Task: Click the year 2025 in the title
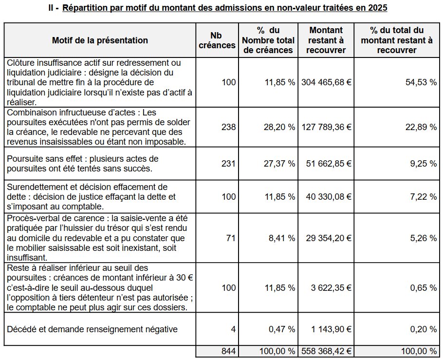click(378, 8)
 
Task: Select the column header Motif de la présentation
click(100, 40)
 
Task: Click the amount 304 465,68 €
click(326, 82)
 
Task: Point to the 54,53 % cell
click(421, 82)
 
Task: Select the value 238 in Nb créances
click(228, 127)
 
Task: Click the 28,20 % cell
click(279, 127)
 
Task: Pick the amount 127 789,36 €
click(326, 127)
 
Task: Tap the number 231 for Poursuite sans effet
click(228, 164)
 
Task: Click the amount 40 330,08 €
click(329, 196)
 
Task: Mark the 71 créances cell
click(231, 238)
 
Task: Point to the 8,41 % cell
click(282, 238)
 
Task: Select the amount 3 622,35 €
click(331, 287)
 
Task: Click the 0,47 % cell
click(282, 329)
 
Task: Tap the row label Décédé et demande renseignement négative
click(92, 329)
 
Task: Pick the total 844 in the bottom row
click(228, 351)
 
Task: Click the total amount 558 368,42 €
click(326, 351)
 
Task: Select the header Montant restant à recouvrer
click(326, 40)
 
